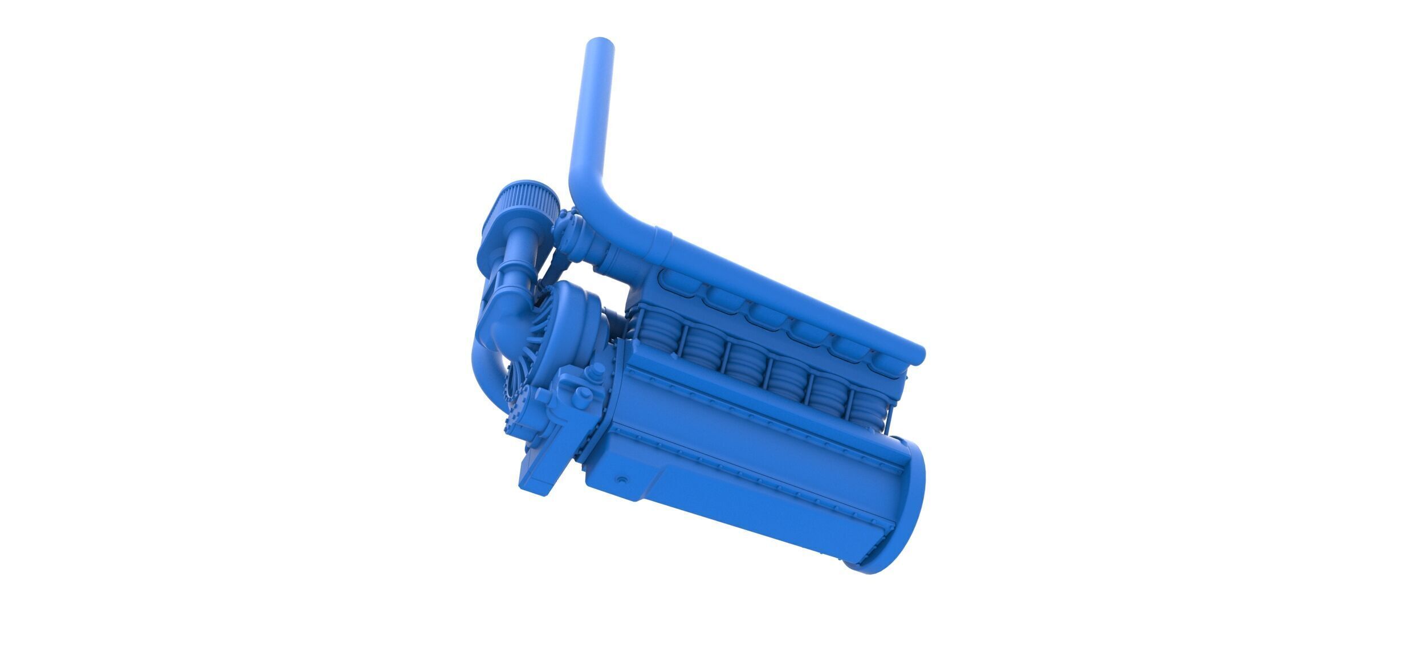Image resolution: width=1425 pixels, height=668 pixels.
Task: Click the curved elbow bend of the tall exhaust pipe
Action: point(604,205)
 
